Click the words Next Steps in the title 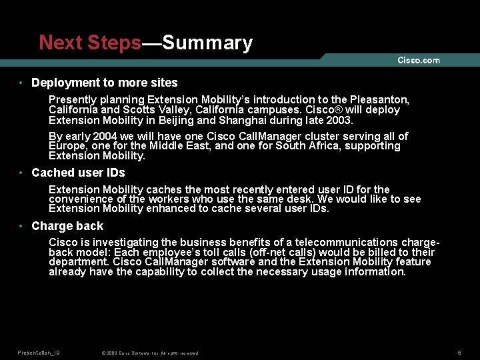(x=90, y=43)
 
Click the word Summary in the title (x=207, y=43)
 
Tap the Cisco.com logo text (x=419, y=60)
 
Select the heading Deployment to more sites (x=105, y=83)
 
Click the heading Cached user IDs (x=78, y=173)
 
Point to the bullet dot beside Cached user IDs (x=22, y=173)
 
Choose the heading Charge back (x=67, y=226)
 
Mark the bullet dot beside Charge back (x=22, y=226)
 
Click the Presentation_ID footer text (x=39, y=353)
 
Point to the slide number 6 (x=459, y=352)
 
